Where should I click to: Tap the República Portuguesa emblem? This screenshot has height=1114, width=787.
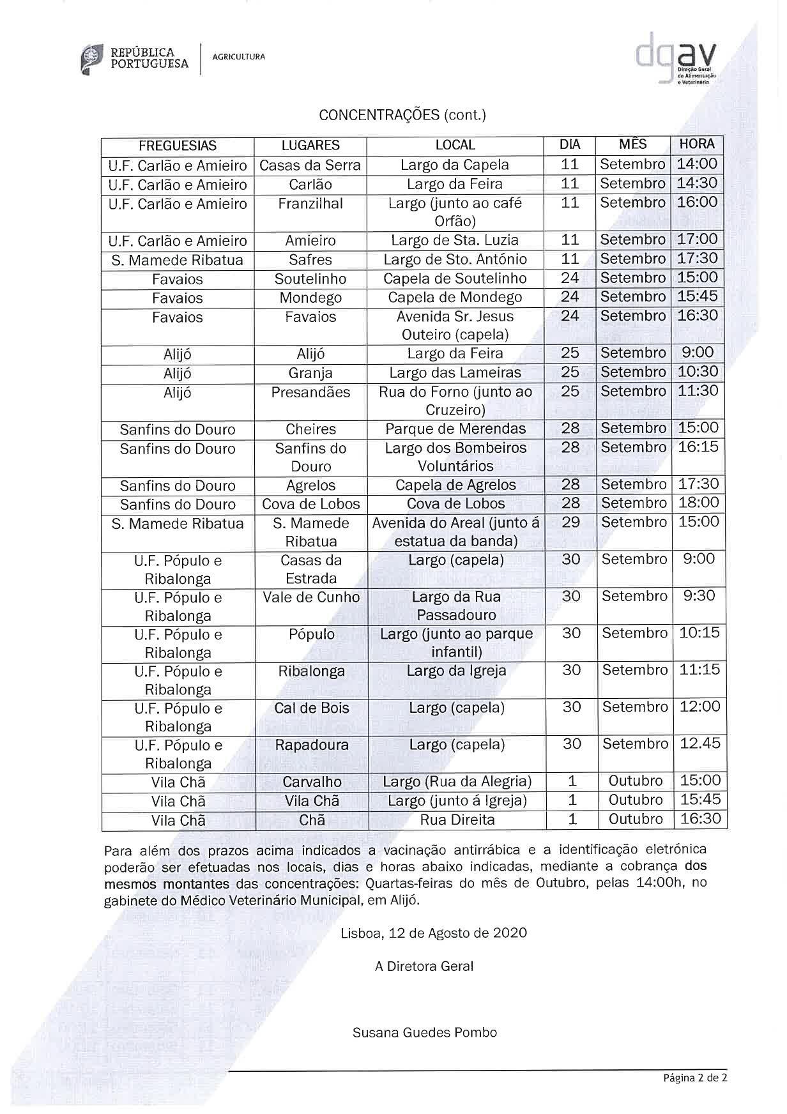pyautogui.click(x=91, y=59)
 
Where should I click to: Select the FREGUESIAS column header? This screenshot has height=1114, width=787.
pyautogui.click(x=178, y=146)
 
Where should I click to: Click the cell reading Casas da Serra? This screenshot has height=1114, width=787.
pyautogui.click(x=310, y=165)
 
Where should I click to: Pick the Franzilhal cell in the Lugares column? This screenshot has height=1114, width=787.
pyautogui.click(x=310, y=204)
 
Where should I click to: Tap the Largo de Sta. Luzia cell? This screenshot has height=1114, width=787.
pyautogui.click(x=455, y=241)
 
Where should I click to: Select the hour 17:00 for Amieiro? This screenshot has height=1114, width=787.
pyautogui.click(x=697, y=240)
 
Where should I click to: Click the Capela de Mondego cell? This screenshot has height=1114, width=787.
pyautogui.click(x=455, y=298)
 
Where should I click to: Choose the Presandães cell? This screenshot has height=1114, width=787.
pyautogui.click(x=310, y=392)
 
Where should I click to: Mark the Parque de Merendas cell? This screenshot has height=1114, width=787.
pyautogui.click(x=455, y=429)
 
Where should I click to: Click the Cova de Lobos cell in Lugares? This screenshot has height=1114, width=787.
pyautogui.click(x=311, y=504)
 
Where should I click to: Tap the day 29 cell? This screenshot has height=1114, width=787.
pyautogui.click(x=570, y=523)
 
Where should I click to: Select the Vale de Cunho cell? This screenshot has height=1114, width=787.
pyautogui.click(x=311, y=597)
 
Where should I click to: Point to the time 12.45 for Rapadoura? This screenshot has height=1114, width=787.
pyautogui.click(x=700, y=744)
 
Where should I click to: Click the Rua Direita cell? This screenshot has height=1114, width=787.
pyautogui.click(x=457, y=820)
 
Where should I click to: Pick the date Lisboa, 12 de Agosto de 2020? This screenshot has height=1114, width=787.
pyautogui.click(x=434, y=933)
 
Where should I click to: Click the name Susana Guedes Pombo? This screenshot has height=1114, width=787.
pyautogui.click(x=424, y=1032)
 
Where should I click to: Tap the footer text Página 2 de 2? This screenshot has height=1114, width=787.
pyautogui.click(x=695, y=1078)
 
